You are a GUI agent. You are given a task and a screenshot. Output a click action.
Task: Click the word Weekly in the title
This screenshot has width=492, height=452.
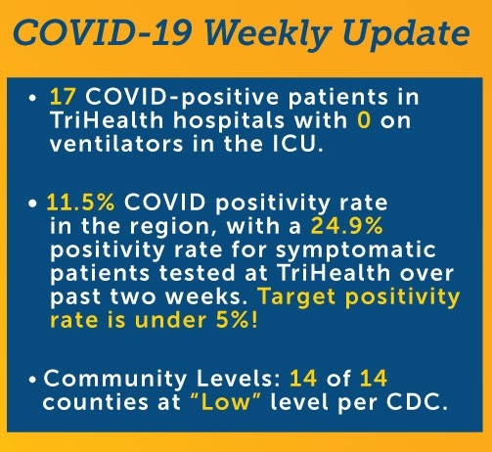267,34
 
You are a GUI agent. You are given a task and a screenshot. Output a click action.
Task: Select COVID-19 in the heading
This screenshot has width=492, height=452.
102,32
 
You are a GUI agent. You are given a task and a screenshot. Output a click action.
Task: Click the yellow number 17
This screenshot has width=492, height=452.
63,97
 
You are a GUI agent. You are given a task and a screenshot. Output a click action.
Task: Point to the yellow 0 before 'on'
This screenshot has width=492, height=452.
364,120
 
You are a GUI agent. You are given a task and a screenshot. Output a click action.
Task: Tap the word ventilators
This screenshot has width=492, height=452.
116,144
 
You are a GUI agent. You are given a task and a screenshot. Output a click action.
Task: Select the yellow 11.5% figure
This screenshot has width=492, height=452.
80,203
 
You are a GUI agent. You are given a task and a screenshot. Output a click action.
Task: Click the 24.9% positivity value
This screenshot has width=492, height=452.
346,226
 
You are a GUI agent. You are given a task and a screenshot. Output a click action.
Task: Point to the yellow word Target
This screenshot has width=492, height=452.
296,298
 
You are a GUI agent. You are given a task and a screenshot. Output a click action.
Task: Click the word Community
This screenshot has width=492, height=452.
114,380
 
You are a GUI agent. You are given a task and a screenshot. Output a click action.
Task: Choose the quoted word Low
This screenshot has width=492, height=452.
225,402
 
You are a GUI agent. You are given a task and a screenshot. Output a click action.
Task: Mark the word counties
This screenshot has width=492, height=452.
95,402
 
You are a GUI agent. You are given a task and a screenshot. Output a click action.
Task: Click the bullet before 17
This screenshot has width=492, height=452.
32,98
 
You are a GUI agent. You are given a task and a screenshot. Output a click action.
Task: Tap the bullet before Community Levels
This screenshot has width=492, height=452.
32,380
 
